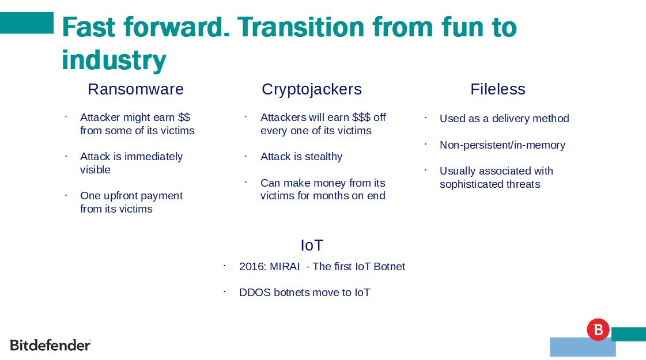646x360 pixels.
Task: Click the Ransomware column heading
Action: click(135, 89)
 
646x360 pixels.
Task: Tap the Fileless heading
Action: click(498, 89)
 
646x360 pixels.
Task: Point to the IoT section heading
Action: click(312, 245)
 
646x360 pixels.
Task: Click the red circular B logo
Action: click(598, 329)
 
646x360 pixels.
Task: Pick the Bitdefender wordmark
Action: click(50, 345)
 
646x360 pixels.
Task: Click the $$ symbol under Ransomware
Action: click(184, 118)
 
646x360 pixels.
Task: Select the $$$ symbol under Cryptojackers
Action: click(361, 118)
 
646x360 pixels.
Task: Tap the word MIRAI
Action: click(284, 267)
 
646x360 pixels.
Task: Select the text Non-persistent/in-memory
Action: click(502, 145)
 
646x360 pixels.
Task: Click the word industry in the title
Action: click(114, 60)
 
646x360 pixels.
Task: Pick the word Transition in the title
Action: click(301, 27)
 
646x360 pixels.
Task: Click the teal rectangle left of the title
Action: click(27, 22)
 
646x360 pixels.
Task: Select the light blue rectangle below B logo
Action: click(583, 347)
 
